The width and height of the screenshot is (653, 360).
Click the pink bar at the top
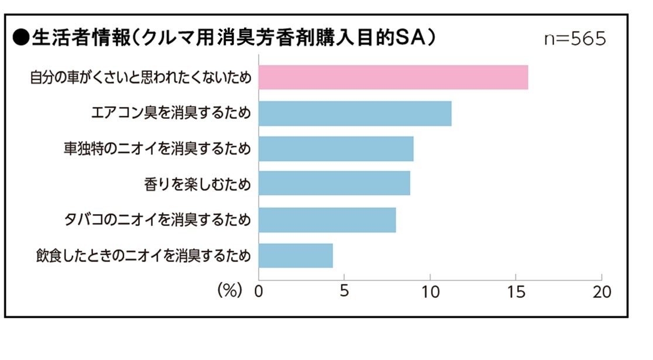pyautogui.click(x=393, y=78)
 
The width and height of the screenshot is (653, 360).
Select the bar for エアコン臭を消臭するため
pyautogui.click(x=355, y=114)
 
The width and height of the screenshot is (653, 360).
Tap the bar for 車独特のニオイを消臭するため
pyautogui.click(x=336, y=149)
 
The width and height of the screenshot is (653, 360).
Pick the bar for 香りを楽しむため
pyautogui.click(x=334, y=184)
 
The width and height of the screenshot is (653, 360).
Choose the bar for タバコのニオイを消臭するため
pyautogui.click(x=327, y=220)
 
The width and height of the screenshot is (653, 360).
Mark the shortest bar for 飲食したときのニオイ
pyautogui.click(x=295, y=256)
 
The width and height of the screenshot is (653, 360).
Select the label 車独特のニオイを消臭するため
pyautogui.click(x=157, y=149)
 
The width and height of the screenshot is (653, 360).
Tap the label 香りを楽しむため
pyautogui.click(x=197, y=184)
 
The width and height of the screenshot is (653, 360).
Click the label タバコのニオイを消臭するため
pyautogui.click(x=157, y=220)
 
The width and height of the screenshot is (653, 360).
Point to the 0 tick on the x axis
pyautogui.click(x=259, y=292)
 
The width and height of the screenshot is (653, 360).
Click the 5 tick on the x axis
pyautogui.click(x=344, y=292)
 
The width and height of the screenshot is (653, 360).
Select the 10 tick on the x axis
pyautogui.click(x=430, y=292)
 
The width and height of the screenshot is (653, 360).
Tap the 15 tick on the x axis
pyautogui.click(x=515, y=292)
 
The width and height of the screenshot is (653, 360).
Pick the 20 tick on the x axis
pyautogui.click(x=602, y=292)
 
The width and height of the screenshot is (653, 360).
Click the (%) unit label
pyautogui.click(x=229, y=291)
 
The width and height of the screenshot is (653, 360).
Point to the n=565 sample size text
pyautogui.click(x=575, y=39)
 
